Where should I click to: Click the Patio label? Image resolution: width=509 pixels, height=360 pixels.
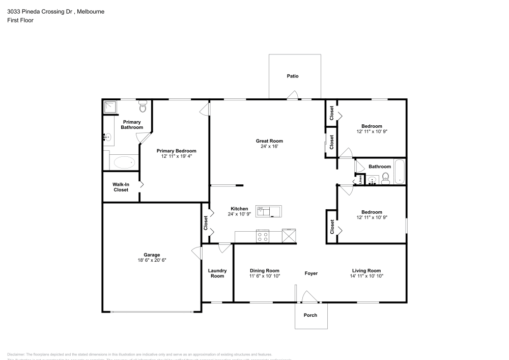292,76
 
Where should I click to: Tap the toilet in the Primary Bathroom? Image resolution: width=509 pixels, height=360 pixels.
143,107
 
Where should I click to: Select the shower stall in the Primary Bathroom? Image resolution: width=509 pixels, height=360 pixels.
110,107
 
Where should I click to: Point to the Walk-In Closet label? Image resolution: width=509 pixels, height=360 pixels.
121,187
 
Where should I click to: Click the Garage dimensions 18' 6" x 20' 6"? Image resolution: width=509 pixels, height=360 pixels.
152,260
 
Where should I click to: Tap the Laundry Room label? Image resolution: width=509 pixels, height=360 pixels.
217,273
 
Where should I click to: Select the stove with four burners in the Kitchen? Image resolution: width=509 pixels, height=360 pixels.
263,236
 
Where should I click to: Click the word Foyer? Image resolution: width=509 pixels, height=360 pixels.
311,273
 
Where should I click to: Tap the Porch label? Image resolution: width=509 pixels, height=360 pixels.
310,315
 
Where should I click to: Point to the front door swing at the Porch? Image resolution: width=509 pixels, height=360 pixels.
308,297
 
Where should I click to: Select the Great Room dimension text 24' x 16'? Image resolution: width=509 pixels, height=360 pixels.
269,147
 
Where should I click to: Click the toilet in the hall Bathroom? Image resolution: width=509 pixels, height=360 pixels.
385,178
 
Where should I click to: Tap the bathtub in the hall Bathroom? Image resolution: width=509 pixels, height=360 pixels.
400,172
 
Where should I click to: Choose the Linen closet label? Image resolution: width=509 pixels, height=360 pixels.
360,179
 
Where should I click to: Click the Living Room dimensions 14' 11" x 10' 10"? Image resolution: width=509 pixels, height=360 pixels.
366,276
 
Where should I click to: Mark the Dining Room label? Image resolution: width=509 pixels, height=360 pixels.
265,271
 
